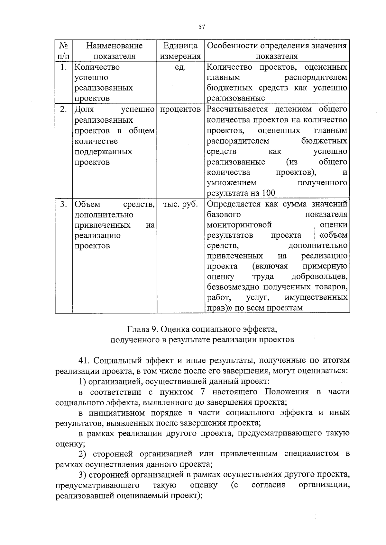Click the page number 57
click(202, 27)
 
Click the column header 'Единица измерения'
click(180, 51)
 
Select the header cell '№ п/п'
click(63, 51)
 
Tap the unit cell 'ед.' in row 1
click(180, 67)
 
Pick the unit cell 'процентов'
click(180, 109)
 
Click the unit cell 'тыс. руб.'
click(180, 204)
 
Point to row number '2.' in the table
click(63, 109)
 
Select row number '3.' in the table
click(63, 204)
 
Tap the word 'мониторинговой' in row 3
click(239, 225)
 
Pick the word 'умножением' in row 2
click(231, 183)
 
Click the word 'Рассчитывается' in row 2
click(237, 109)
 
